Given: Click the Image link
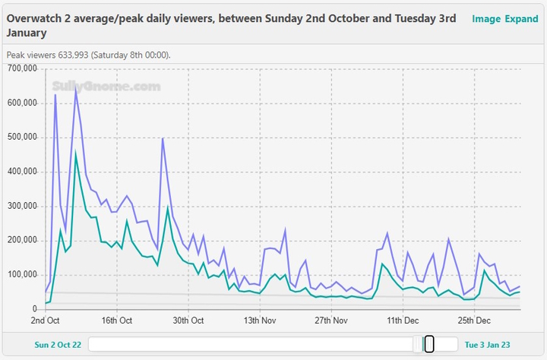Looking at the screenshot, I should point(485,19).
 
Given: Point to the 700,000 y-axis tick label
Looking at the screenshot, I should point(21,69).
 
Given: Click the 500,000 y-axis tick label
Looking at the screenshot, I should point(21,137).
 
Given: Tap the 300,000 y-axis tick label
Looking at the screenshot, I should point(21,206).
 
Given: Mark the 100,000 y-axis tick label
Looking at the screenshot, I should point(21,274).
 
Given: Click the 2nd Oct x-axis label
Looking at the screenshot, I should point(46,321).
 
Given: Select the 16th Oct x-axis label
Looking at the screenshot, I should point(117,321).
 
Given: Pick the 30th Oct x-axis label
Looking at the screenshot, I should point(188,321).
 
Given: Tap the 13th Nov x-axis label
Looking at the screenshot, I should point(260,321).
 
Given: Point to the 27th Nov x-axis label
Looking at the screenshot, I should point(331,321).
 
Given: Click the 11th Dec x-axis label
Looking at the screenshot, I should point(403,321).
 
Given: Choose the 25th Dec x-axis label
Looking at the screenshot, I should point(474,321).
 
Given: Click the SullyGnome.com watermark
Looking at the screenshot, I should point(106,87).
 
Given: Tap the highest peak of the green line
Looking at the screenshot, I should point(75,154).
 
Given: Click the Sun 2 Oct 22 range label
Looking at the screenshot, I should point(58,345).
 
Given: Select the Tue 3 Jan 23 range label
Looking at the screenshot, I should point(488,345).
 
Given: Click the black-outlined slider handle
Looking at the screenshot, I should point(429,344).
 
